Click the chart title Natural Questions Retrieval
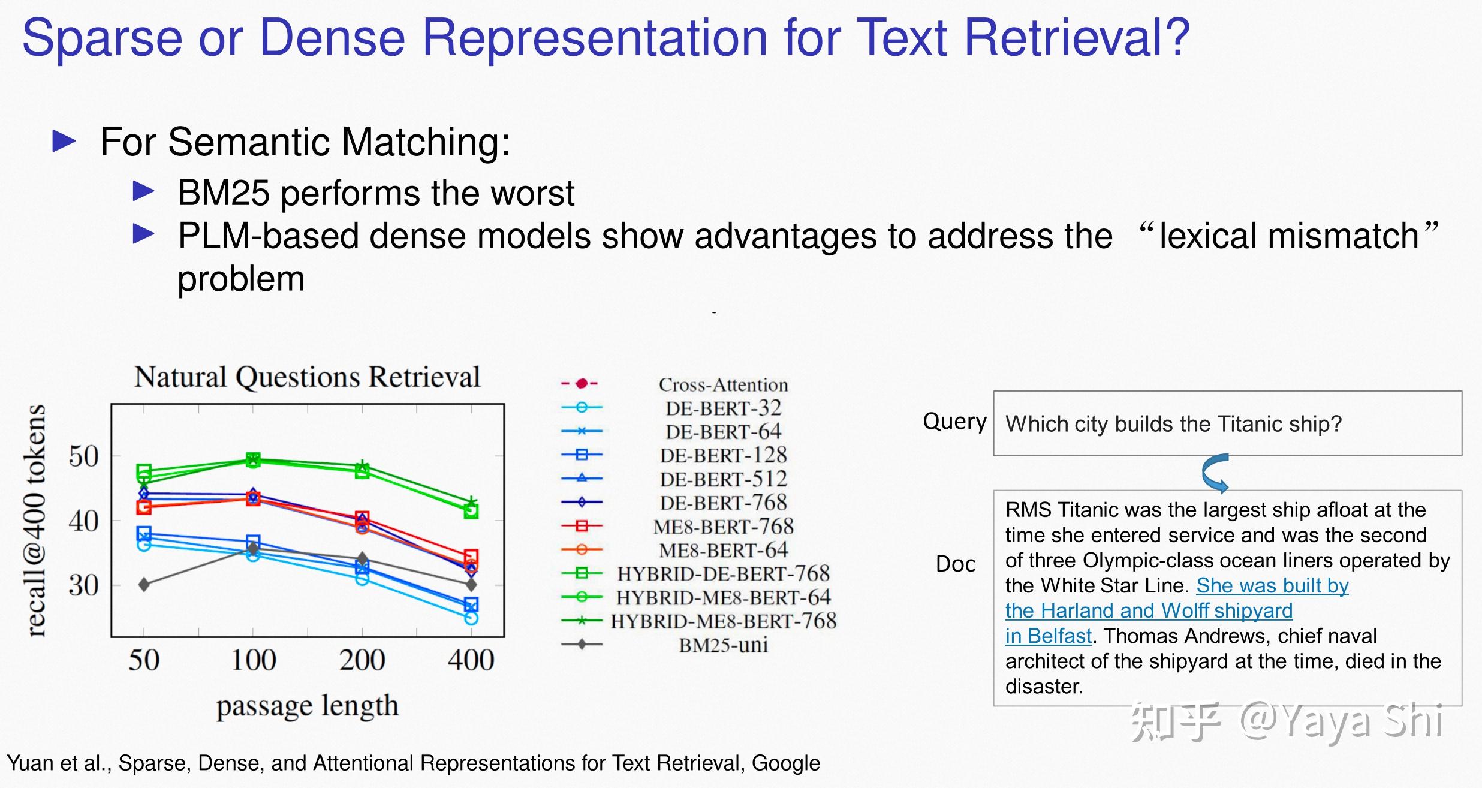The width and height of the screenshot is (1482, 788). (307, 378)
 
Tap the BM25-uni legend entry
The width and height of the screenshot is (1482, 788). (723, 645)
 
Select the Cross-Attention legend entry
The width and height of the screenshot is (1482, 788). (723, 385)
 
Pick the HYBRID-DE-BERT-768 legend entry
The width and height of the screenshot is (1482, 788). (723, 574)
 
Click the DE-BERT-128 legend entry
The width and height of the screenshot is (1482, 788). (723, 456)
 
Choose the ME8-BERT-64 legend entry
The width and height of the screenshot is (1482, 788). (723, 550)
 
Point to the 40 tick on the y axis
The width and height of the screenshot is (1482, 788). (83, 521)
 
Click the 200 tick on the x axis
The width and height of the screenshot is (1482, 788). (362, 660)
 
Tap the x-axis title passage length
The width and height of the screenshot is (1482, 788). (307, 706)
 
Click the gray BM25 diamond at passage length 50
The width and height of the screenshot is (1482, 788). (144, 584)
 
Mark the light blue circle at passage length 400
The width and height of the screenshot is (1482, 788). (471, 618)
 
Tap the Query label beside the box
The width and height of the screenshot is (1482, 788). (954, 422)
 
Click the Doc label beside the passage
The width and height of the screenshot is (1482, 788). (955, 564)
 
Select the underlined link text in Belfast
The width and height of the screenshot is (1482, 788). (1048, 636)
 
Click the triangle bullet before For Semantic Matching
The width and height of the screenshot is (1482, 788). (64, 142)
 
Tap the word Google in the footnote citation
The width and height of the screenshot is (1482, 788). (785, 763)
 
